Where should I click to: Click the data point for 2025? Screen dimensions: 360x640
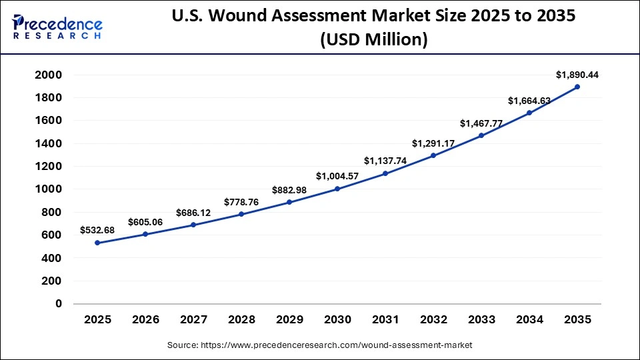[x=97, y=243]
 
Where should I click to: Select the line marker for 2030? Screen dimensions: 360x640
[x=337, y=189]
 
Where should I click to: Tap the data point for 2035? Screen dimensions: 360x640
[x=577, y=87]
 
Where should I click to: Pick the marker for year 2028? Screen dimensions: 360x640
[x=241, y=214]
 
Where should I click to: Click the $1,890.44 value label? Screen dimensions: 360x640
[x=577, y=75]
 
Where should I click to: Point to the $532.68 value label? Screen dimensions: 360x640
[x=97, y=231]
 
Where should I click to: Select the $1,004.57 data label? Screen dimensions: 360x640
[x=337, y=177]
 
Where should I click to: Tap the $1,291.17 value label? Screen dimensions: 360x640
[x=433, y=143]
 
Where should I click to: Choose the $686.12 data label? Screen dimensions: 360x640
[x=193, y=213]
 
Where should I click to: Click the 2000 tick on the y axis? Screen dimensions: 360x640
[x=49, y=75]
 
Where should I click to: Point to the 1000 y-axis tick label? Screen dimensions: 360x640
[x=49, y=189]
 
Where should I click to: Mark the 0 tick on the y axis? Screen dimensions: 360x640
[x=58, y=303]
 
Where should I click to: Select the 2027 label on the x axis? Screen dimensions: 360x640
[x=193, y=320]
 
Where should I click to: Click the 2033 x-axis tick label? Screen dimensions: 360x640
[x=481, y=320]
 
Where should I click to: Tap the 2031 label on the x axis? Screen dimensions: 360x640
[x=385, y=320]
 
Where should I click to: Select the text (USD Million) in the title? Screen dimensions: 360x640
[x=373, y=40]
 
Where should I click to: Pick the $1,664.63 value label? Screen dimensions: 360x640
[x=529, y=101]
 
